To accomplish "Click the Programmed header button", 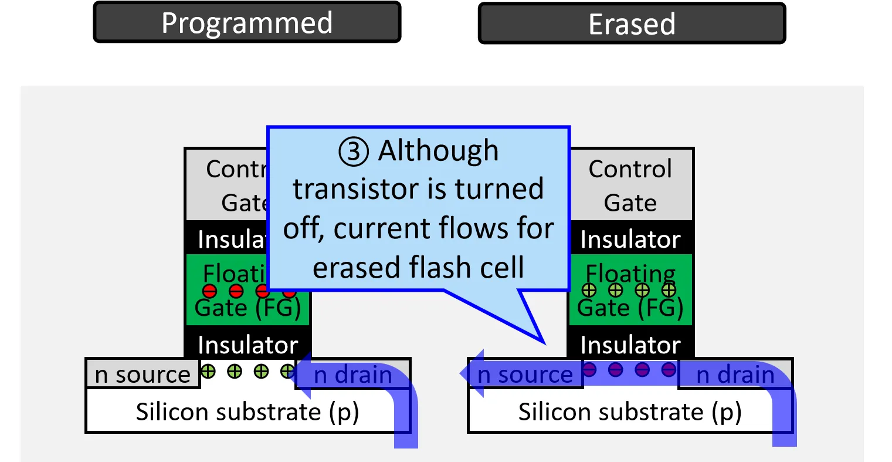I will point(247,23).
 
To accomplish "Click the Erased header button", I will point(632,24).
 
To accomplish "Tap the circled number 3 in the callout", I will point(354,151).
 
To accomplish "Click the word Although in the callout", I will point(438,150).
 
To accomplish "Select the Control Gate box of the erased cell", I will point(630,185).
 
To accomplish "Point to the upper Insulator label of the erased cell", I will point(630,240).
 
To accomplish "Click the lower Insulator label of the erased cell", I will point(630,345).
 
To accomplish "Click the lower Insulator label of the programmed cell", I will point(248,345).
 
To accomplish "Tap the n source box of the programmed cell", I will point(143,374).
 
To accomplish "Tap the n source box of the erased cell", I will point(525,374).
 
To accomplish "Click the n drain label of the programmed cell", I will point(353,375).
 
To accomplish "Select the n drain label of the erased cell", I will point(735,375).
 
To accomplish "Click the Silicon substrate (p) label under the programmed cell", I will point(247,412).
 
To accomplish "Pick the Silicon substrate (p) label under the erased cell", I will point(630,412).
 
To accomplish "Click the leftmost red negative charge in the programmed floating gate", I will point(209,291).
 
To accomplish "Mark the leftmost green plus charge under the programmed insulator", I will point(208,371).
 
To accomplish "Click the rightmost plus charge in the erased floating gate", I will point(669,289).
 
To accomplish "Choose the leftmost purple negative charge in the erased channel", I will point(589,369).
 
